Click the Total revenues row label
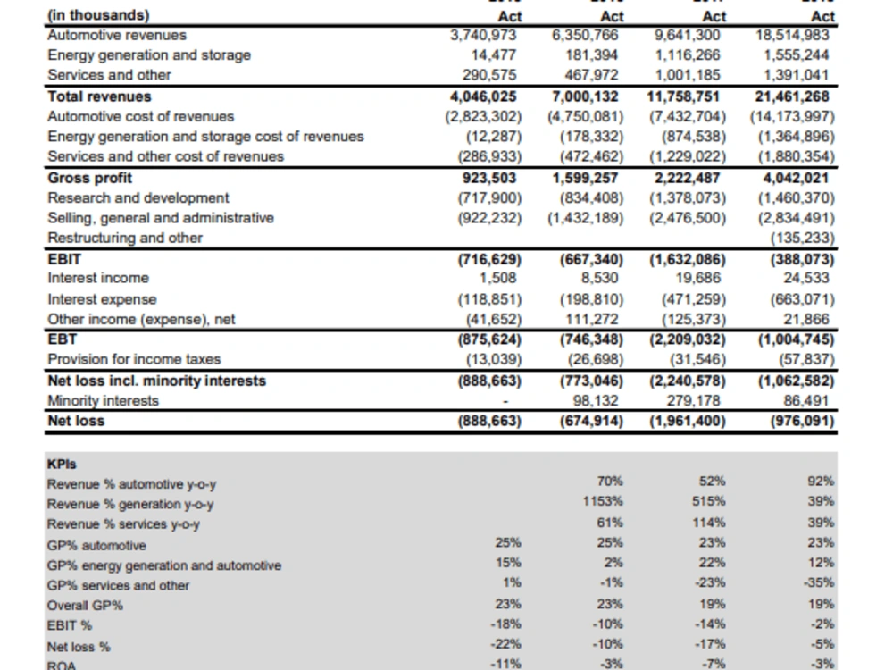click(x=99, y=96)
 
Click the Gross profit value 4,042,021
click(x=797, y=177)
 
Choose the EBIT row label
click(x=64, y=259)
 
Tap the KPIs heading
click(x=62, y=464)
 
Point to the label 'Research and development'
click(x=138, y=197)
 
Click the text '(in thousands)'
click(x=98, y=15)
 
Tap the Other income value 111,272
click(x=594, y=318)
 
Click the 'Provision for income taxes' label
click(x=134, y=359)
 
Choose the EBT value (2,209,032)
click(x=688, y=339)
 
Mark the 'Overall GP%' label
click(x=85, y=606)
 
